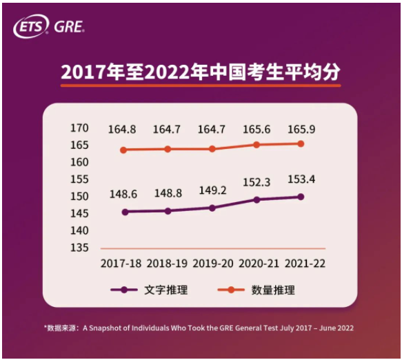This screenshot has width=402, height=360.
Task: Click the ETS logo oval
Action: [30, 27]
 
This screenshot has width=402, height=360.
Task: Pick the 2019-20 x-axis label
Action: [212, 264]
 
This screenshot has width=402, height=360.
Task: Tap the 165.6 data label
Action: [257, 130]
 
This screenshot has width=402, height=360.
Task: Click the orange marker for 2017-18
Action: [124, 150]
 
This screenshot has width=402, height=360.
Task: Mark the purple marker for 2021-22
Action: [301, 197]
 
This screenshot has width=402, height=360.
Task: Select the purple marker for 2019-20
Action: [212, 208]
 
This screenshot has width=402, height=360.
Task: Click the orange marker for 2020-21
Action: [257, 145]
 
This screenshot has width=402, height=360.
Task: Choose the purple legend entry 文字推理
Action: [149, 290]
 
